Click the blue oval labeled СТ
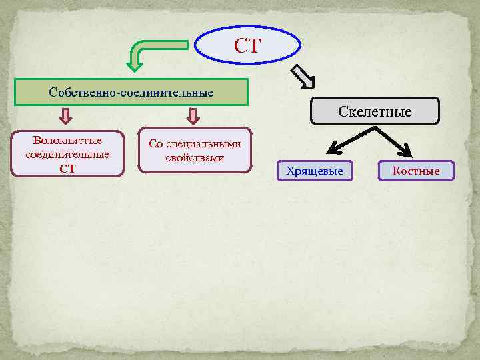click(x=247, y=47)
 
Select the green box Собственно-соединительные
click(x=131, y=92)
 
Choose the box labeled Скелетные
click(x=375, y=111)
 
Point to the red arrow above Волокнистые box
click(x=65, y=117)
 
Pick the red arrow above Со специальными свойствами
click(x=193, y=117)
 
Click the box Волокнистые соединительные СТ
click(x=67, y=154)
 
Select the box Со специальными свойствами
click(x=195, y=151)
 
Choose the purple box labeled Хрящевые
click(x=315, y=171)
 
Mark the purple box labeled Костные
click(x=416, y=171)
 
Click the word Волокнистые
click(x=67, y=141)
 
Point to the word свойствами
click(x=195, y=158)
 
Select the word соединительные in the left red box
click(x=67, y=155)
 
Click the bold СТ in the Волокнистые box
click(x=67, y=168)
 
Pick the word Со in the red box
click(x=155, y=145)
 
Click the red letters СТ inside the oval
click(x=247, y=47)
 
